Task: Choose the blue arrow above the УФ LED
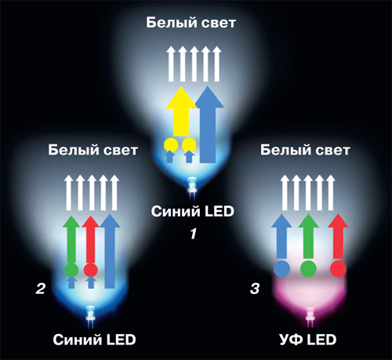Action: click(281, 238)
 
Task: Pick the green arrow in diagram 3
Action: click(308, 238)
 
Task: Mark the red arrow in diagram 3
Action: click(338, 238)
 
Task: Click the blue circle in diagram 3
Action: click(281, 268)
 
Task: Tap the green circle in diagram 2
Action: click(71, 270)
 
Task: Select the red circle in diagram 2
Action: click(91, 270)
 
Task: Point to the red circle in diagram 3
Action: click(339, 268)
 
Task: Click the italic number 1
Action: click(193, 234)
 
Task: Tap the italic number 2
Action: click(41, 289)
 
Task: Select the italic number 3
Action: click(255, 289)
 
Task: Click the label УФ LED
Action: click(308, 340)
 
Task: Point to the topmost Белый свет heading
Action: click(191, 23)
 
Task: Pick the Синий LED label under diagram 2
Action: click(94, 340)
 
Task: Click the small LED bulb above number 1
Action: click(192, 187)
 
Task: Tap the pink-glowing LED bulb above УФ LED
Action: click(310, 317)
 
